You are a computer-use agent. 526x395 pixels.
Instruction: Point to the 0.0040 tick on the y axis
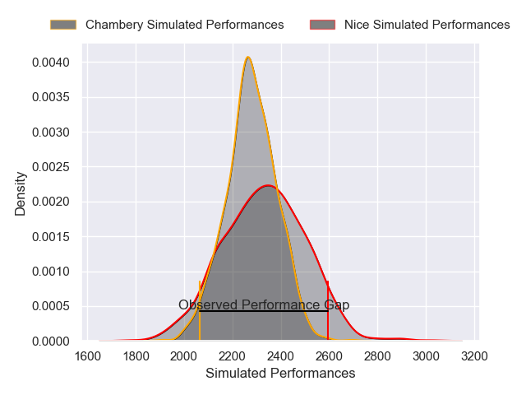[52, 63]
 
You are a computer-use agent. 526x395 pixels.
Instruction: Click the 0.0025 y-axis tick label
[52, 167]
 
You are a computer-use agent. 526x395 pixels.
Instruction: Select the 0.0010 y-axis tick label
[52, 272]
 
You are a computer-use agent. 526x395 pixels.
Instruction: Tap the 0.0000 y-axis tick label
[52, 341]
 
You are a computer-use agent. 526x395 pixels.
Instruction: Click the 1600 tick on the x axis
[88, 356]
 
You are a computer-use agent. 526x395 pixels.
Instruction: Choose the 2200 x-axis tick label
[233, 356]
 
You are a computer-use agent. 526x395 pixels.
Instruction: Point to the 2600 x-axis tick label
[329, 356]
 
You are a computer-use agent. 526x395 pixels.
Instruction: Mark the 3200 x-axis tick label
[474, 356]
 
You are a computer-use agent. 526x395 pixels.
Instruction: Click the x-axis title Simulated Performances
[280, 373]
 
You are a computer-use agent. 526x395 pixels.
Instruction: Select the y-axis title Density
[21, 199]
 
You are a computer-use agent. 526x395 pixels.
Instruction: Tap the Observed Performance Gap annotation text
[264, 304]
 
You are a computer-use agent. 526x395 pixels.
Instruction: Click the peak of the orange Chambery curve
[248, 57]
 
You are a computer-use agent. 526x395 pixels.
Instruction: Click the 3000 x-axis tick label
[426, 356]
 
